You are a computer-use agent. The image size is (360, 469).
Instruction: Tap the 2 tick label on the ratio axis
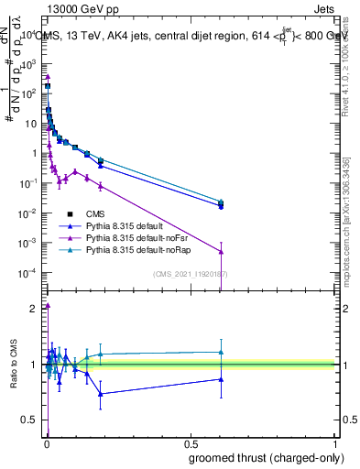point(33,309)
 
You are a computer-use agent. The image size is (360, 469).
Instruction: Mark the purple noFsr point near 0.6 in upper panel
point(220,252)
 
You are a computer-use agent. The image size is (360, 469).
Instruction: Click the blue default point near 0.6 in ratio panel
point(220,379)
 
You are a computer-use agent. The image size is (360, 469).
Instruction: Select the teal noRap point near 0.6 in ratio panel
point(220,352)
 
